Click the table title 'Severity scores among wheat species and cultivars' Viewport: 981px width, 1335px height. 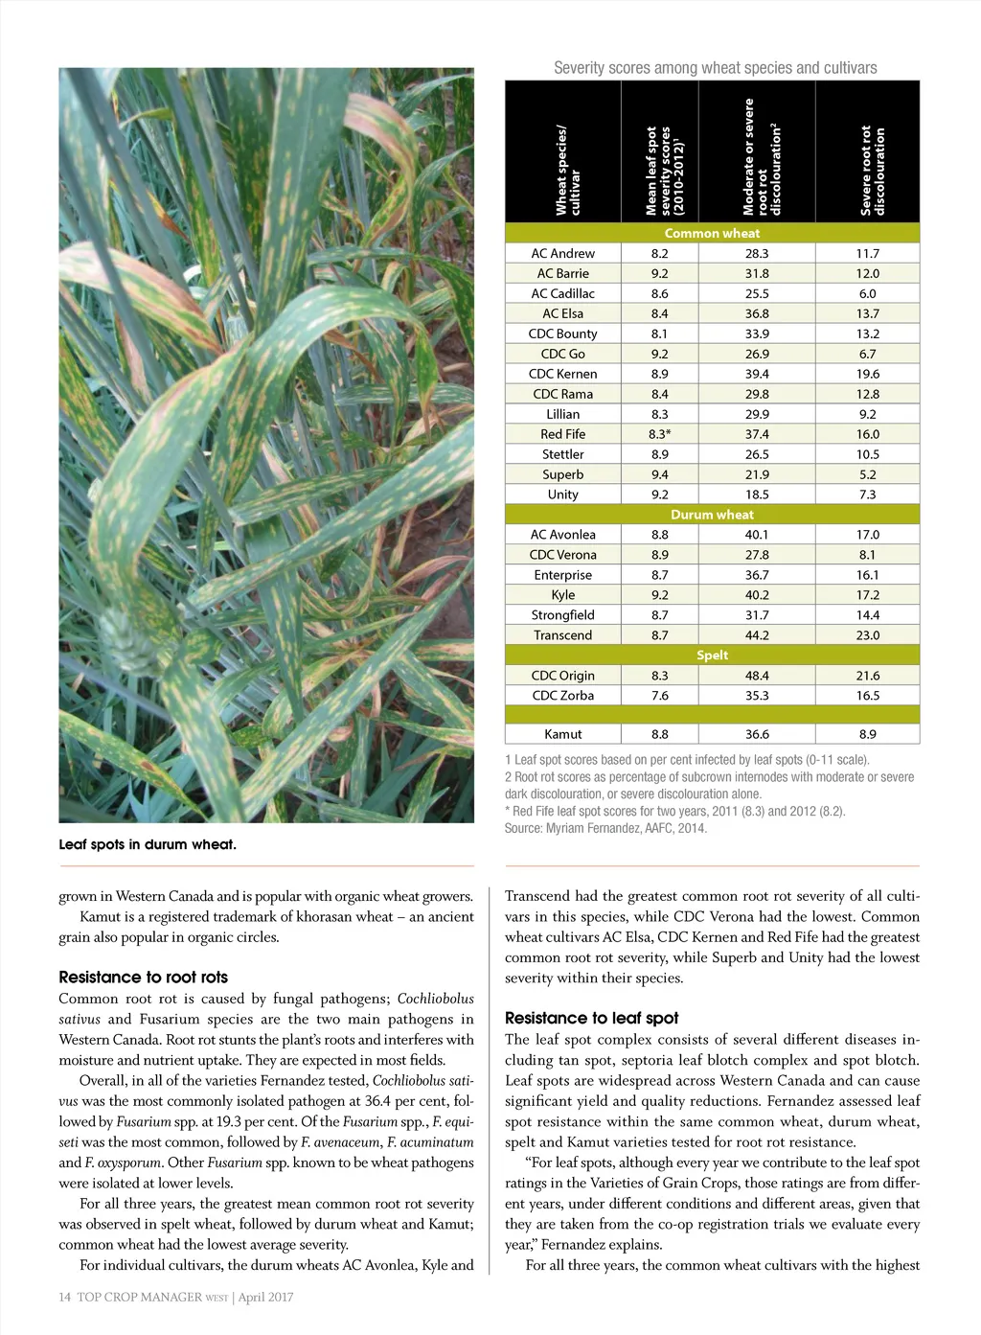[x=715, y=68]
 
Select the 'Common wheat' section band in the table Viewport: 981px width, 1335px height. [x=712, y=233]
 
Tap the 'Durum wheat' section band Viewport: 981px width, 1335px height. [x=712, y=515]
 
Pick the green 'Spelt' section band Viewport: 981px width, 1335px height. [x=712, y=656]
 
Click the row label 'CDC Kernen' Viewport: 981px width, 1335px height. [x=562, y=374]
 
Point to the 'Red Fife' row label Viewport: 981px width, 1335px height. [x=562, y=434]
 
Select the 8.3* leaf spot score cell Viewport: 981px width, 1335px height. [x=659, y=434]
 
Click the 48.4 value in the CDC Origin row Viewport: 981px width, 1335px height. [x=756, y=676]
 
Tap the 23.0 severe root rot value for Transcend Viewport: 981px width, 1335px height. [x=867, y=635]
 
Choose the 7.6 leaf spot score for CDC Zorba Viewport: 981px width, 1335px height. [x=659, y=696]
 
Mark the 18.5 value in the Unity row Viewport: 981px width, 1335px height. [x=756, y=495]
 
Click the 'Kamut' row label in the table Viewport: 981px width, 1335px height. [x=562, y=734]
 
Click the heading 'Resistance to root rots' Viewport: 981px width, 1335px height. [x=144, y=978]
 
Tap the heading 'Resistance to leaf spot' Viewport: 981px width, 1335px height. [x=591, y=1018]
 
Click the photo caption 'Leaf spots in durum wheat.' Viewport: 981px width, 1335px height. [x=148, y=844]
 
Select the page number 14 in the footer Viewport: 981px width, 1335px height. [x=65, y=1298]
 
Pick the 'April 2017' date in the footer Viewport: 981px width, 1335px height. [x=266, y=1298]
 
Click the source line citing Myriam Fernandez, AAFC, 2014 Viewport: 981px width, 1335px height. [x=605, y=828]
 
